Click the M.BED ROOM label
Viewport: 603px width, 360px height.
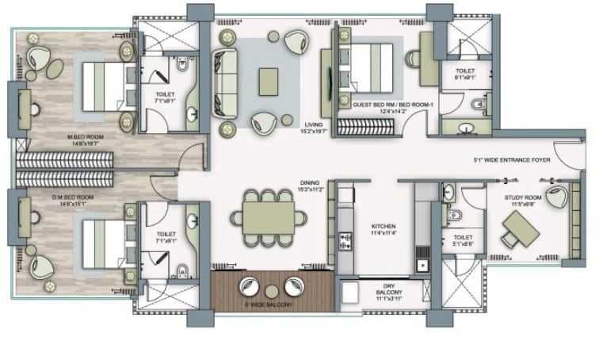86,140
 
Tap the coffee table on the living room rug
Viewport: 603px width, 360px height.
269,79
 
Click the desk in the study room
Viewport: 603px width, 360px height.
520,231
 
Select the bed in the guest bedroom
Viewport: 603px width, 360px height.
366,65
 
